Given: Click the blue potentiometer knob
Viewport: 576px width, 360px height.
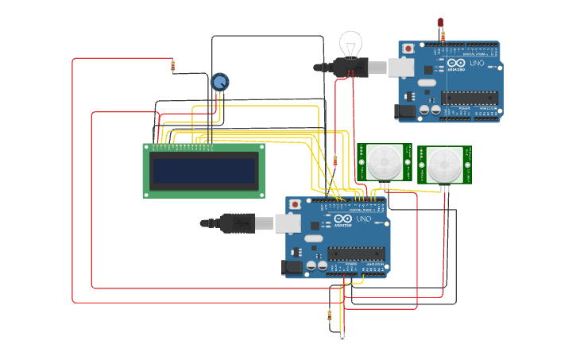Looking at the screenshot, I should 219,81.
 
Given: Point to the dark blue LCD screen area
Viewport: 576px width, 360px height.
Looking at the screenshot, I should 204,170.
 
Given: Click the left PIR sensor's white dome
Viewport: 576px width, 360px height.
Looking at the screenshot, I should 384,162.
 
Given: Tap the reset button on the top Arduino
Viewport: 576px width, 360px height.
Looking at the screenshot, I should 408,48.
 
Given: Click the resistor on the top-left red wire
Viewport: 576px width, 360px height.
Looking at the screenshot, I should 172,66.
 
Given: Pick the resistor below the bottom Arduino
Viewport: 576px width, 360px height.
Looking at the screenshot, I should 330,315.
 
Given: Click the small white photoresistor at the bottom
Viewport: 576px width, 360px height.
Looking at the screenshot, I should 342,338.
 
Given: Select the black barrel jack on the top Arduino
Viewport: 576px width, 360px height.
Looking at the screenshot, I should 406,112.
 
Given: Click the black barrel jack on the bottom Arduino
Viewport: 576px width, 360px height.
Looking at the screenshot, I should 293,268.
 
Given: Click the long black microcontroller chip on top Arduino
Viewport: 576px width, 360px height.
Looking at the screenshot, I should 470,98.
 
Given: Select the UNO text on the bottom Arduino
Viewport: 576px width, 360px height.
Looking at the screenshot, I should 363,219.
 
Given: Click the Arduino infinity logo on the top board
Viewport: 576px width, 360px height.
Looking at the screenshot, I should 456,64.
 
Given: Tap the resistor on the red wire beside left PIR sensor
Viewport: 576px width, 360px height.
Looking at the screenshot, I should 334,161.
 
